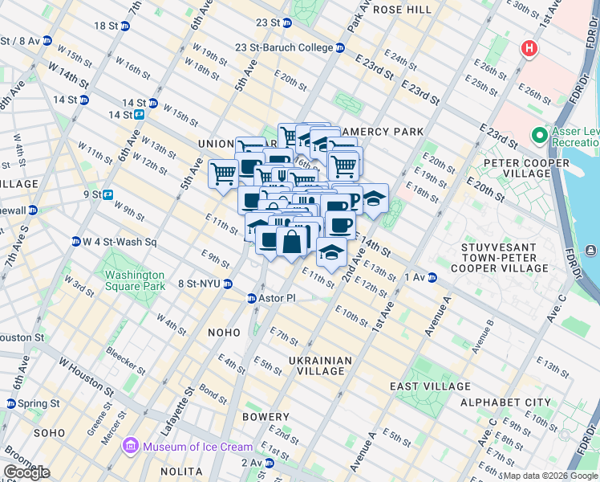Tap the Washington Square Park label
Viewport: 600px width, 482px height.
(134, 280)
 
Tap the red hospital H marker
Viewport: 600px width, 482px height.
(529, 49)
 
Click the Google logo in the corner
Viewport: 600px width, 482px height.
(26, 472)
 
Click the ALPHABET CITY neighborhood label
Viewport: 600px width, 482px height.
(505, 402)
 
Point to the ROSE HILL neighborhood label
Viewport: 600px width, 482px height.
(403, 10)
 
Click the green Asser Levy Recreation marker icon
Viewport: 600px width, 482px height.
(538, 134)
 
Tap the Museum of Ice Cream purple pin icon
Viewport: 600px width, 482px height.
(129, 446)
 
